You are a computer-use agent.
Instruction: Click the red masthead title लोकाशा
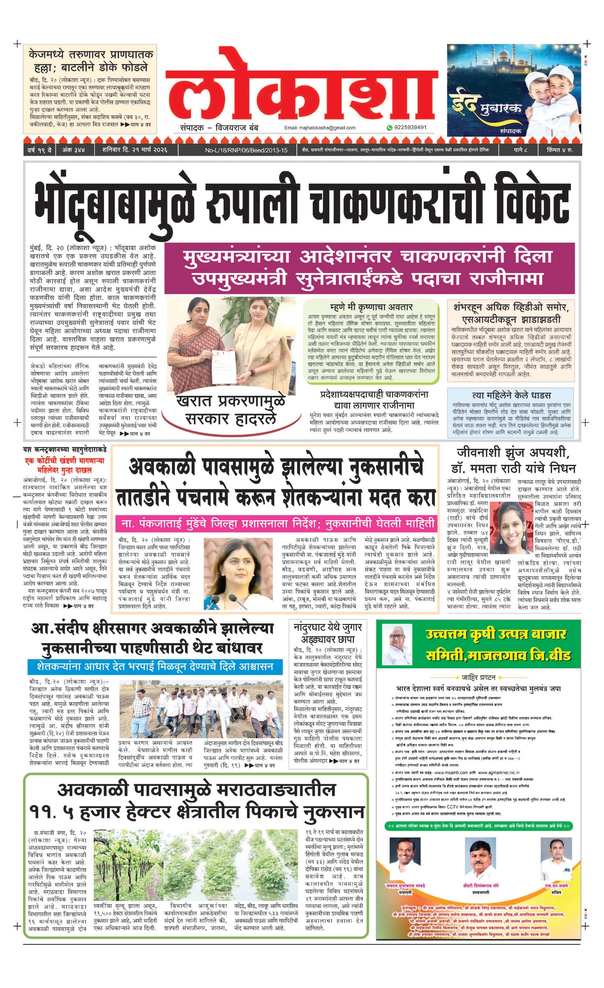(301, 86)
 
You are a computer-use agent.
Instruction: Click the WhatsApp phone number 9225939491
(410, 127)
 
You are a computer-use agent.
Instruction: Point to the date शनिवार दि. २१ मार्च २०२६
(134, 150)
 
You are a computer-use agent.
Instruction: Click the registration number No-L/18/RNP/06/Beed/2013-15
(246, 150)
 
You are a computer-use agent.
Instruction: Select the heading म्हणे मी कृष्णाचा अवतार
(371, 307)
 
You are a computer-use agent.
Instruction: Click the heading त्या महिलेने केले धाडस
(511, 395)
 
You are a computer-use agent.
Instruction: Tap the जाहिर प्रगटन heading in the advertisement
(478, 677)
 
